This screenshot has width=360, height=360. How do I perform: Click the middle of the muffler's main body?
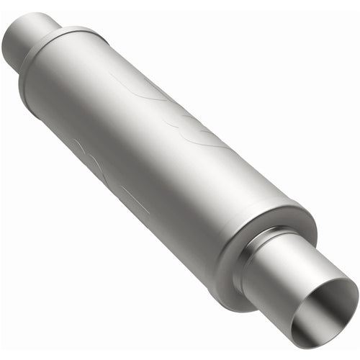click(144, 144)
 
